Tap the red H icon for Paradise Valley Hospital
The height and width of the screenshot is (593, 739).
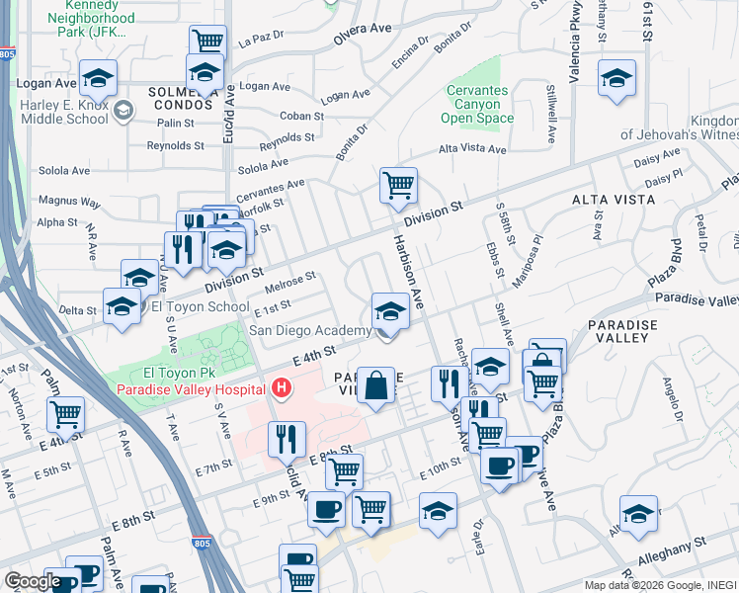(x=283, y=387)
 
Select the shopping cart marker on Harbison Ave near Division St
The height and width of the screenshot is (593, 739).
(x=398, y=186)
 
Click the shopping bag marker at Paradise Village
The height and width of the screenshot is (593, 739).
(x=376, y=385)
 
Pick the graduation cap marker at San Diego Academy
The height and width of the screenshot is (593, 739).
(x=390, y=312)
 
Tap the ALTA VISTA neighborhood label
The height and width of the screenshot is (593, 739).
(x=613, y=200)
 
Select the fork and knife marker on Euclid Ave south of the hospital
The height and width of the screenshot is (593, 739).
(x=287, y=440)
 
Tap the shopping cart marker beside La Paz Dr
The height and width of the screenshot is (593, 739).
(x=207, y=42)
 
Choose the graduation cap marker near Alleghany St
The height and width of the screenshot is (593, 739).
(x=638, y=514)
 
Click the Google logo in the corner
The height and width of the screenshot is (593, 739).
(x=33, y=580)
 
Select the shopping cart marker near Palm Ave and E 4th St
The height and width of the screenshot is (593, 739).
(x=66, y=415)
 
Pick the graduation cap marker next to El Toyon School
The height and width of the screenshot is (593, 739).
(x=123, y=306)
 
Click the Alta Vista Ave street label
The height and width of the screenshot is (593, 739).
(x=472, y=150)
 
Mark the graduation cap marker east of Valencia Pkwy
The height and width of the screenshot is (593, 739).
(x=616, y=79)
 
